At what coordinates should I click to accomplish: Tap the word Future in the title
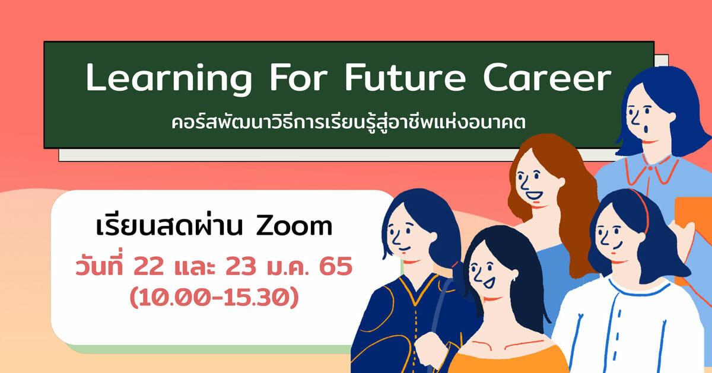coord(405,78)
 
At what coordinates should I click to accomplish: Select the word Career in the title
coord(547,78)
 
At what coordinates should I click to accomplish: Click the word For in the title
coord(298,78)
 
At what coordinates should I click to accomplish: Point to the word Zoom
coord(294,227)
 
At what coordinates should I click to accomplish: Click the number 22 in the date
coord(149,266)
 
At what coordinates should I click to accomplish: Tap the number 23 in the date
coord(241,266)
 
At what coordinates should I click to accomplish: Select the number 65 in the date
coord(336,266)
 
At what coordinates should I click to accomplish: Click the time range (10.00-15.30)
coord(214,297)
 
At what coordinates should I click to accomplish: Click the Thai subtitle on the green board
coord(348,123)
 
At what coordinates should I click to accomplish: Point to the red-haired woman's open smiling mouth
coord(534,195)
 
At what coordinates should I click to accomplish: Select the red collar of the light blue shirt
coord(651,171)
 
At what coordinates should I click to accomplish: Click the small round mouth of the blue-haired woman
coord(646,129)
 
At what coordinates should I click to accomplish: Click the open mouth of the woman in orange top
coord(488,282)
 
